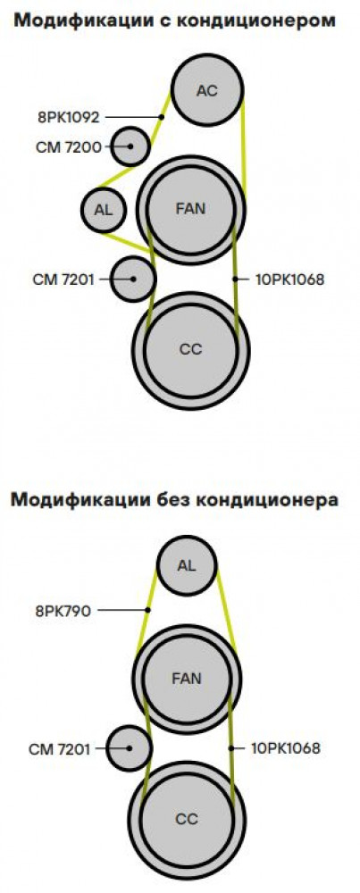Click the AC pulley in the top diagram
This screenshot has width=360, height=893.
[x=207, y=90]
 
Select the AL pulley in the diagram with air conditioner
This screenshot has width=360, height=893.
[x=104, y=210]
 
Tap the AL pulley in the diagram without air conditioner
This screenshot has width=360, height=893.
[x=187, y=565]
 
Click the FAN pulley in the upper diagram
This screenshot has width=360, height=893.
[x=191, y=208]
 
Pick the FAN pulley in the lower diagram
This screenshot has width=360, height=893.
[x=187, y=679]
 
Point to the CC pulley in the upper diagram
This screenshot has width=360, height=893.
[x=191, y=349]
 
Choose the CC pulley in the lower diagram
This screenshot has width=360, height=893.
[x=187, y=819]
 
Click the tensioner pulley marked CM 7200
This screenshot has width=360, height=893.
[x=130, y=146]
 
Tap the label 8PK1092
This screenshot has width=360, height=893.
[x=70, y=118]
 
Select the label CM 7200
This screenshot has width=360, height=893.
[x=69, y=147]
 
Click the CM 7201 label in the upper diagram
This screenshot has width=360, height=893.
[x=63, y=280]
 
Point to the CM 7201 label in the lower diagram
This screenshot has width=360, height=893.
[x=59, y=749]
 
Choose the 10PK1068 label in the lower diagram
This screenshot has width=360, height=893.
[x=285, y=748]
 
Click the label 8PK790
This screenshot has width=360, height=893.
[x=63, y=612]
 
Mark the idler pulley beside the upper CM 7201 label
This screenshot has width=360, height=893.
[x=133, y=279]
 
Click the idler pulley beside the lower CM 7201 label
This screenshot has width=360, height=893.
[x=130, y=748]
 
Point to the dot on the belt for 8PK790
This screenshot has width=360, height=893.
[x=147, y=610]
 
